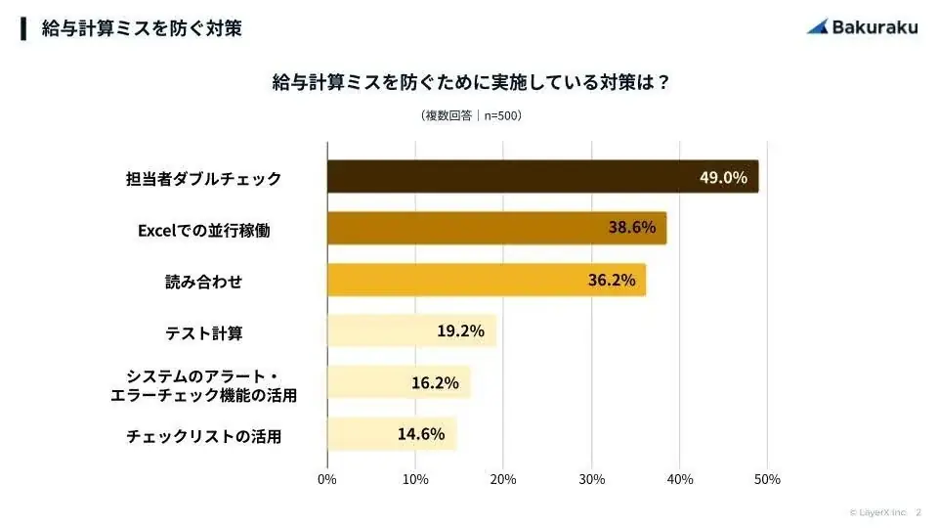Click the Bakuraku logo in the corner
point(863,26)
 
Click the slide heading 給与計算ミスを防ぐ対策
point(142,28)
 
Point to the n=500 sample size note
point(471,115)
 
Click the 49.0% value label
point(723,177)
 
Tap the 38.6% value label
point(632,229)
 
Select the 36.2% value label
point(611,280)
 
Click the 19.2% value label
point(460,330)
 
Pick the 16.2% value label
point(435,382)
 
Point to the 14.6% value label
point(421,433)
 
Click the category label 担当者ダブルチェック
point(203,179)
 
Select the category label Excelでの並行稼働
point(203,231)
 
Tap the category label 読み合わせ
point(203,282)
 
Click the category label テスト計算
point(203,333)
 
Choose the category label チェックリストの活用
point(203,436)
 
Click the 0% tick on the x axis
point(327,479)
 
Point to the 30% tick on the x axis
point(591,479)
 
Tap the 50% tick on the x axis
point(767,479)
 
